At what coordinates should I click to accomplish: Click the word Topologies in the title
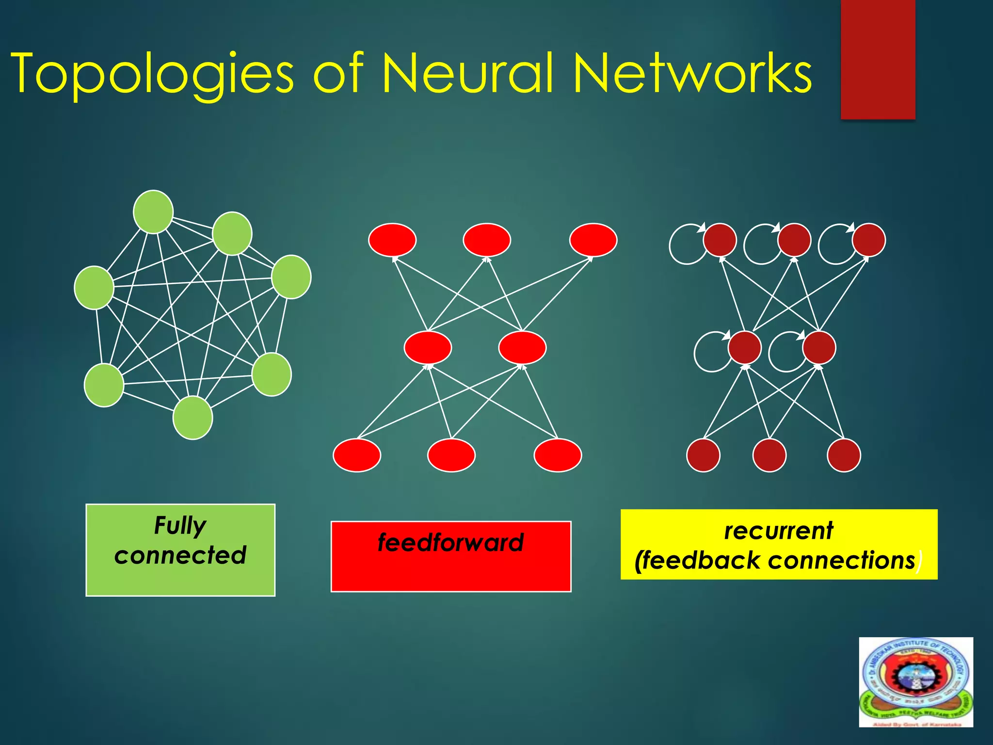coord(152,74)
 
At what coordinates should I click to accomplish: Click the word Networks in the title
coord(692,74)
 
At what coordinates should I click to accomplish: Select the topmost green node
coord(153,212)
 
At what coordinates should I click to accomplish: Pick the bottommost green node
coord(192,418)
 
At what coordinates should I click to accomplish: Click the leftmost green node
coord(94,288)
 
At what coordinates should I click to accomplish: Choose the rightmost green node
coord(291,276)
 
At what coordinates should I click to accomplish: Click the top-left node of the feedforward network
coord(392,240)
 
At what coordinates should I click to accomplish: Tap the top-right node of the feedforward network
coord(593,240)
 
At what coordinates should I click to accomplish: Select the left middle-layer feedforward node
coord(428,347)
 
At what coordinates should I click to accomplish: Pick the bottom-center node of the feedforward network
coord(451,455)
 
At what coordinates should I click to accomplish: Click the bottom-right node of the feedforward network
coord(558,455)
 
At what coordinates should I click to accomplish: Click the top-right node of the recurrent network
coord(869,240)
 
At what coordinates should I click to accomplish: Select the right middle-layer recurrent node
coord(819,347)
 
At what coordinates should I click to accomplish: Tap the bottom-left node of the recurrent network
coord(703,455)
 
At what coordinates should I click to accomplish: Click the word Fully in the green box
coord(180,526)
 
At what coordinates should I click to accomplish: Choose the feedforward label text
coord(451,542)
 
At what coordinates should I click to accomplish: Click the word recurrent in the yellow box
coord(779,531)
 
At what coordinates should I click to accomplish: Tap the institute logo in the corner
coord(916,682)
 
